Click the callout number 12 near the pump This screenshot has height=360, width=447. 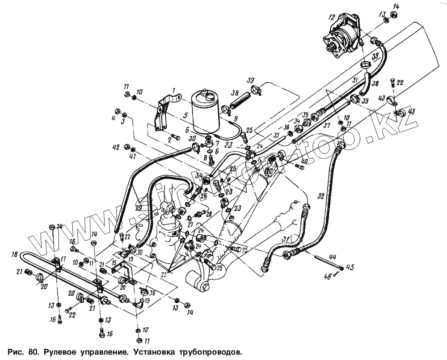point(331,17)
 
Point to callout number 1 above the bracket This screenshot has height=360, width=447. point(174,91)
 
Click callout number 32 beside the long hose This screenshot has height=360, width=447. point(320,196)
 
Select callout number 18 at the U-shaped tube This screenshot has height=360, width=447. point(15,254)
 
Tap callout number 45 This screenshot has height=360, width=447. point(350,268)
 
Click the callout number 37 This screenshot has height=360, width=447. point(327,126)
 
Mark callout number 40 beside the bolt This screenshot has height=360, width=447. point(304,161)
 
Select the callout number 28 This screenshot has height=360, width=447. point(208,215)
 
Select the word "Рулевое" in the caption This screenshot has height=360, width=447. point(62,350)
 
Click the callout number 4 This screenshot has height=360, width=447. point(113,118)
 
